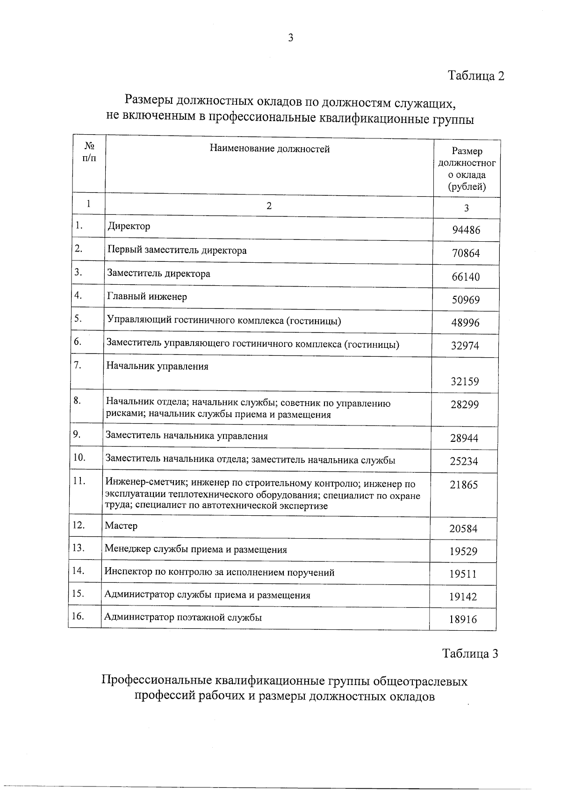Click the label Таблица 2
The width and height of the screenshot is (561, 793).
coord(476,76)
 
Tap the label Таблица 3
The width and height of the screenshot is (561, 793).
coord(470,653)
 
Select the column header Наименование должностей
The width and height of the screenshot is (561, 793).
coord(270,149)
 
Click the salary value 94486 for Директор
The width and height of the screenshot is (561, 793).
coord(466,230)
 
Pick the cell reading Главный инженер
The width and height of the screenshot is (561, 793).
coord(147,296)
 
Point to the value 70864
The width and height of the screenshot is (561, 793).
coord(466,253)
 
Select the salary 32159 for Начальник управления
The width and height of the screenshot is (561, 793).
coord(465,382)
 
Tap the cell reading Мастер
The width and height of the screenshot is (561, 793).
coord(121,526)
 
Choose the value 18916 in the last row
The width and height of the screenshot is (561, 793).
coord(463,620)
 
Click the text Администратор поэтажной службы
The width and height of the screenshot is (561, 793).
coord(183,617)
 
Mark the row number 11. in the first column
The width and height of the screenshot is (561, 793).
coord(79,481)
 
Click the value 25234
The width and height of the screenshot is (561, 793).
coord(464,461)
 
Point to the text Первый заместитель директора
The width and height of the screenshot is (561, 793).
coord(177,250)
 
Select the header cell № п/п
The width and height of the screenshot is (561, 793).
coord(89,151)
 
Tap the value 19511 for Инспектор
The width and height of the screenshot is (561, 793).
coord(463,574)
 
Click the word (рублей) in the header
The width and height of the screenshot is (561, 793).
coord(467,187)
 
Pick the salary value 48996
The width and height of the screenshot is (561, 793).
coord(465,323)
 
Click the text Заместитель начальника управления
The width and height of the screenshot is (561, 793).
coord(187,436)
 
